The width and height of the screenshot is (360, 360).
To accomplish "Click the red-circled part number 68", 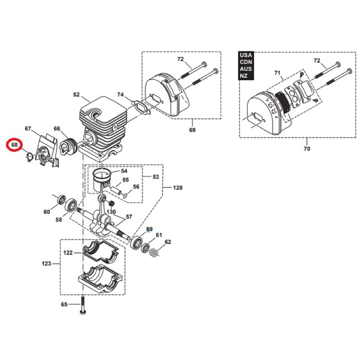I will pyautogui.click(x=14, y=146).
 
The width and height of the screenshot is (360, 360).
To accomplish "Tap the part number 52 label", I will pyautogui.click(x=77, y=95).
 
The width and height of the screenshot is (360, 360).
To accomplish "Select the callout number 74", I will pyautogui.click(x=120, y=95).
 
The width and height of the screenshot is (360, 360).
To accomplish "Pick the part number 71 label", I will pyautogui.click(x=278, y=75).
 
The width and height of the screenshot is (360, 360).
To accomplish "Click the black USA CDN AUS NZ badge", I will pyautogui.click(x=246, y=65).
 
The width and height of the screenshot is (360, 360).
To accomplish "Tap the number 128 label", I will pyautogui.click(x=177, y=188).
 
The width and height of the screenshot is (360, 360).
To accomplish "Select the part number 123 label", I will pyautogui.click(x=47, y=264).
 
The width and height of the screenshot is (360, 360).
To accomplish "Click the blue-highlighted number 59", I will pyautogui.click(x=149, y=229).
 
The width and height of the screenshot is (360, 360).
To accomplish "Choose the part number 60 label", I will pyautogui.click(x=47, y=211).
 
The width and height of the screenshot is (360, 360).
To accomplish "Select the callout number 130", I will pyautogui.click(x=111, y=212).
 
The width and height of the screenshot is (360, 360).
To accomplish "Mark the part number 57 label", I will pyautogui.click(x=129, y=217).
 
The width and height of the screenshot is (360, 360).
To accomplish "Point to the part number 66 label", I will pyautogui.click(x=57, y=129).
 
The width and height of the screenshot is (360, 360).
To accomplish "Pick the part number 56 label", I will pyautogui.click(x=136, y=187).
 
